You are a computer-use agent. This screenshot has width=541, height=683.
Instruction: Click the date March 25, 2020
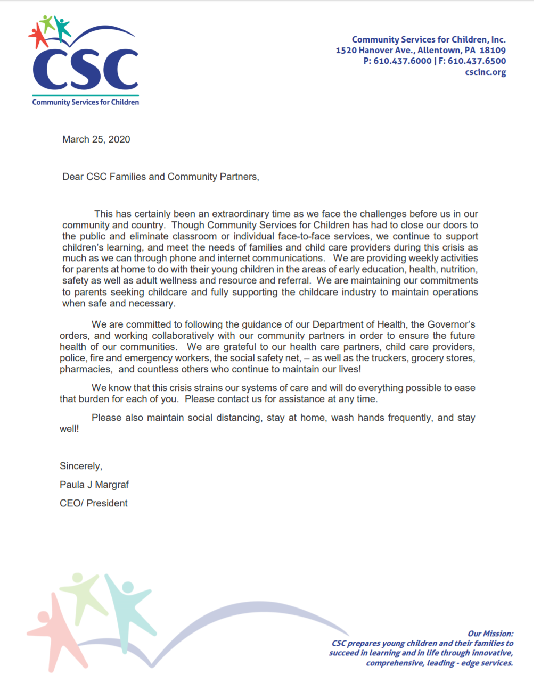coord(96,139)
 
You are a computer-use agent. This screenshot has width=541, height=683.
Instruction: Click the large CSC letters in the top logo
coord(85,70)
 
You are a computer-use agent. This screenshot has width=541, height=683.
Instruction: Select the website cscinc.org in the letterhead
coord(485,72)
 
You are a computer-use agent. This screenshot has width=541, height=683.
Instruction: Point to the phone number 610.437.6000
coord(402,61)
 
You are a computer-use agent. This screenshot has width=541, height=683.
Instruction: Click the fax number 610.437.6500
coord(477,61)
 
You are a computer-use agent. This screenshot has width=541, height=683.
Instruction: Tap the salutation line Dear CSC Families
coord(160,177)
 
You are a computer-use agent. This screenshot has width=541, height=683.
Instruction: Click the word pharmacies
coord(86,369)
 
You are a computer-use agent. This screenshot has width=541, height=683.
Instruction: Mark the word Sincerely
coord(80,466)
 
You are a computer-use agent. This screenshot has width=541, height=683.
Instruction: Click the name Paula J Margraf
coord(94,485)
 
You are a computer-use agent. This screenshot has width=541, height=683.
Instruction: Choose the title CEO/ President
coord(93,503)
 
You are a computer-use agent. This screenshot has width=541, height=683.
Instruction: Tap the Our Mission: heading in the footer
coord(490,634)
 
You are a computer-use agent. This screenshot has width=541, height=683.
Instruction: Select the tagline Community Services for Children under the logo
coord(85,102)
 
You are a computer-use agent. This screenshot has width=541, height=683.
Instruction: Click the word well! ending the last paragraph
coord(69,429)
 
